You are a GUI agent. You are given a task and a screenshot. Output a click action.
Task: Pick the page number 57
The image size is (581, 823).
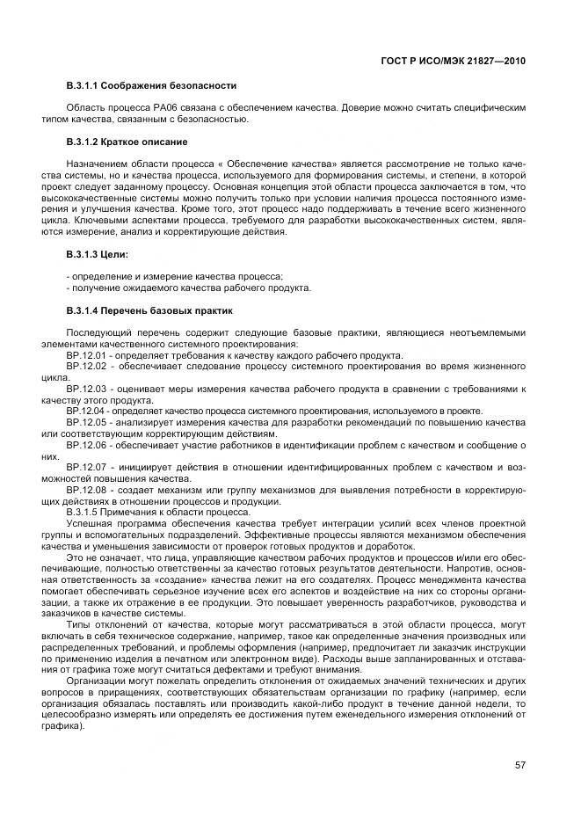pos(520,765)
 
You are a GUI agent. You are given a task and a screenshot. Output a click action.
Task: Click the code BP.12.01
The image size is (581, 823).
pos(85,354)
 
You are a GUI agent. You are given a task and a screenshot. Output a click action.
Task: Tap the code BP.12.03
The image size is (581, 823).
pos(85,388)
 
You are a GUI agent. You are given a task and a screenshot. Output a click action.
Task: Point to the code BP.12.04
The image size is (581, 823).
pos(84,411)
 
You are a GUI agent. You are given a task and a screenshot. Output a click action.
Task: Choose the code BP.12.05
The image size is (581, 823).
pos(85,422)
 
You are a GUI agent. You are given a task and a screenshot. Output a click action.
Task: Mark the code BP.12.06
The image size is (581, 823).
pos(85,445)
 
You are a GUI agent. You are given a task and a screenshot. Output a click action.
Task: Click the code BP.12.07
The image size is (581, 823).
pos(85,468)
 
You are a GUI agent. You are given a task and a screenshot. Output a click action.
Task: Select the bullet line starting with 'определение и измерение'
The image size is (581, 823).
pos(175,276)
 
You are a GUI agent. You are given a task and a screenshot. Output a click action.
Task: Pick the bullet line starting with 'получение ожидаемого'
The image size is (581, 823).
pos(188,288)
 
